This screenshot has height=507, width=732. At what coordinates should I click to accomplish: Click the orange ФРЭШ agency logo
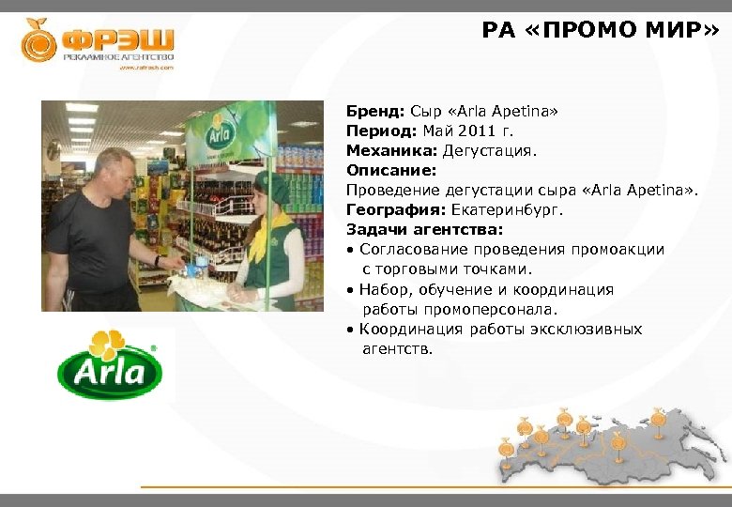tap(98, 42)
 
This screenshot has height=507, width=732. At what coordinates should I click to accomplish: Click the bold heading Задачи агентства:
tap(424, 230)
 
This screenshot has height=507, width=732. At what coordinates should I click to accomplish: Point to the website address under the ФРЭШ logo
tap(145, 68)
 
